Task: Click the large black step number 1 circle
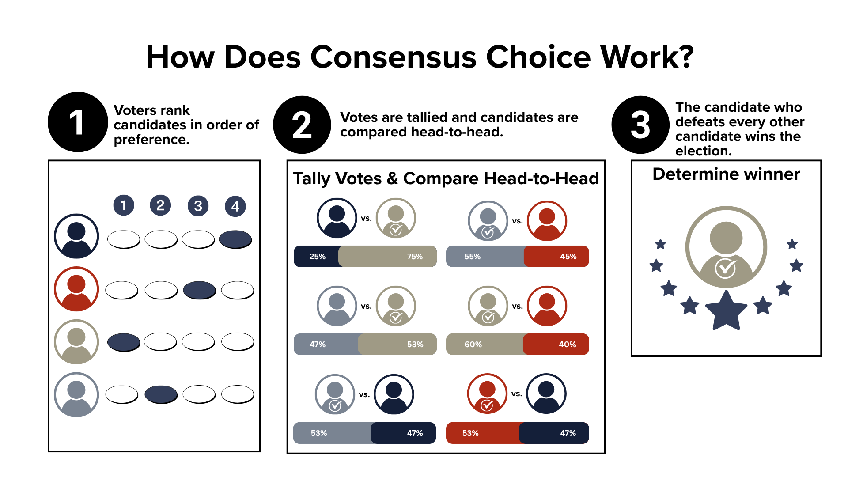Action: (x=78, y=122)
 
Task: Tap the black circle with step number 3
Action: (x=640, y=125)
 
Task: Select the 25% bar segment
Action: (x=316, y=256)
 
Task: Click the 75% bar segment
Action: (x=388, y=256)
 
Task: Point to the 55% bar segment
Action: (x=485, y=256)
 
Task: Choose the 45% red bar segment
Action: (x=556, y=256)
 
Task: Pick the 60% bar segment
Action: (x=485, y=344)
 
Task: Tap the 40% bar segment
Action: (x=556, y=344)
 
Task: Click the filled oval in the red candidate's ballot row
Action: (x=199, y=290)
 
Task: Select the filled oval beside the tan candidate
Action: (x=124, y=342)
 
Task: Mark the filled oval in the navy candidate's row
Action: (x=235, y=239)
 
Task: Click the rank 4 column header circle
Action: (x=235, y=206)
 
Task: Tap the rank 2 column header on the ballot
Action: (x=160, y=205)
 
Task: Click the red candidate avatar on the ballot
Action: (x=76, y=289)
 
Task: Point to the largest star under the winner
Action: (x=726, y=310)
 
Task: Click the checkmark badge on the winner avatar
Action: (x=726, y=268)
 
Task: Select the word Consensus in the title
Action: (x=394, y=57)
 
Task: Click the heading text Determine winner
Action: (x=726, y=174)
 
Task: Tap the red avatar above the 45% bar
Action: (x=547, y=221)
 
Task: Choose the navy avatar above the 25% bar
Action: (x=337, y=218)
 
